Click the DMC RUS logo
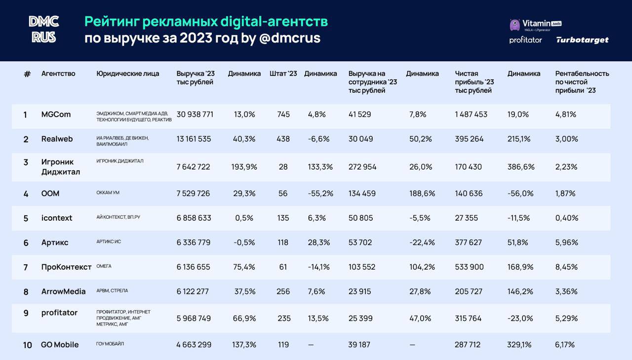pos(43,29)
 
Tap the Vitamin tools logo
pos(535,25)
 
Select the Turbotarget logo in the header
pos(582,40)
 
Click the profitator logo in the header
pos(525,40)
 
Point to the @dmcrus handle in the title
pos(289,38)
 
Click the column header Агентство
pos(58,74)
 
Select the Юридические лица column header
pos(128,74)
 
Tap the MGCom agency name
pos(56,115)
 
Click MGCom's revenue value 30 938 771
pos(195,115)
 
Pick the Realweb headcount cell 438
pos(283,139)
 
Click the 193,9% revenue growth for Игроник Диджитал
pos(244,167)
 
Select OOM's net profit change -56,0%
pos(519,194)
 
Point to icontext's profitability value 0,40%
pos(566,218)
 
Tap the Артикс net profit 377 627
pos(469,242)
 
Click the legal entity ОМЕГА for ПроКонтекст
pos(104,266)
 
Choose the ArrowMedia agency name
pos(63,292)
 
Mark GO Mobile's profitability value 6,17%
pos(565,345)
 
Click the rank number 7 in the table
pos(26,267)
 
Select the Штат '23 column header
pos(283,74)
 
